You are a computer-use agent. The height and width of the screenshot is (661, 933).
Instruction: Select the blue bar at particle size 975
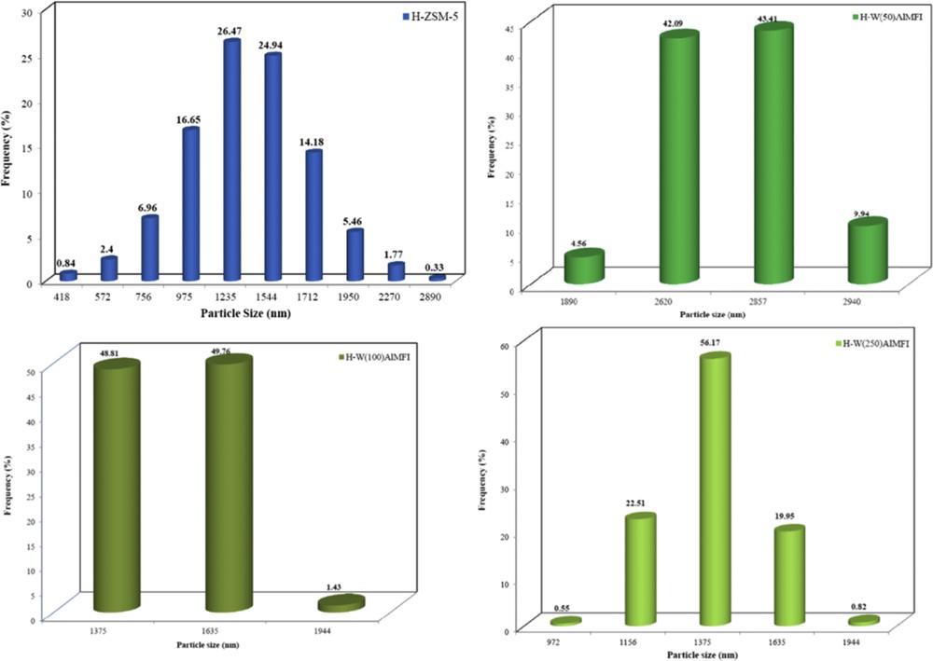190,204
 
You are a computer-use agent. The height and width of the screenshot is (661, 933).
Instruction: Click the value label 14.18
314,142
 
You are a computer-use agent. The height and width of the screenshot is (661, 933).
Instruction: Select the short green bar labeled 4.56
584,267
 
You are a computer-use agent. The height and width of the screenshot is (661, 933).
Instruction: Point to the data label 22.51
640,503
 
